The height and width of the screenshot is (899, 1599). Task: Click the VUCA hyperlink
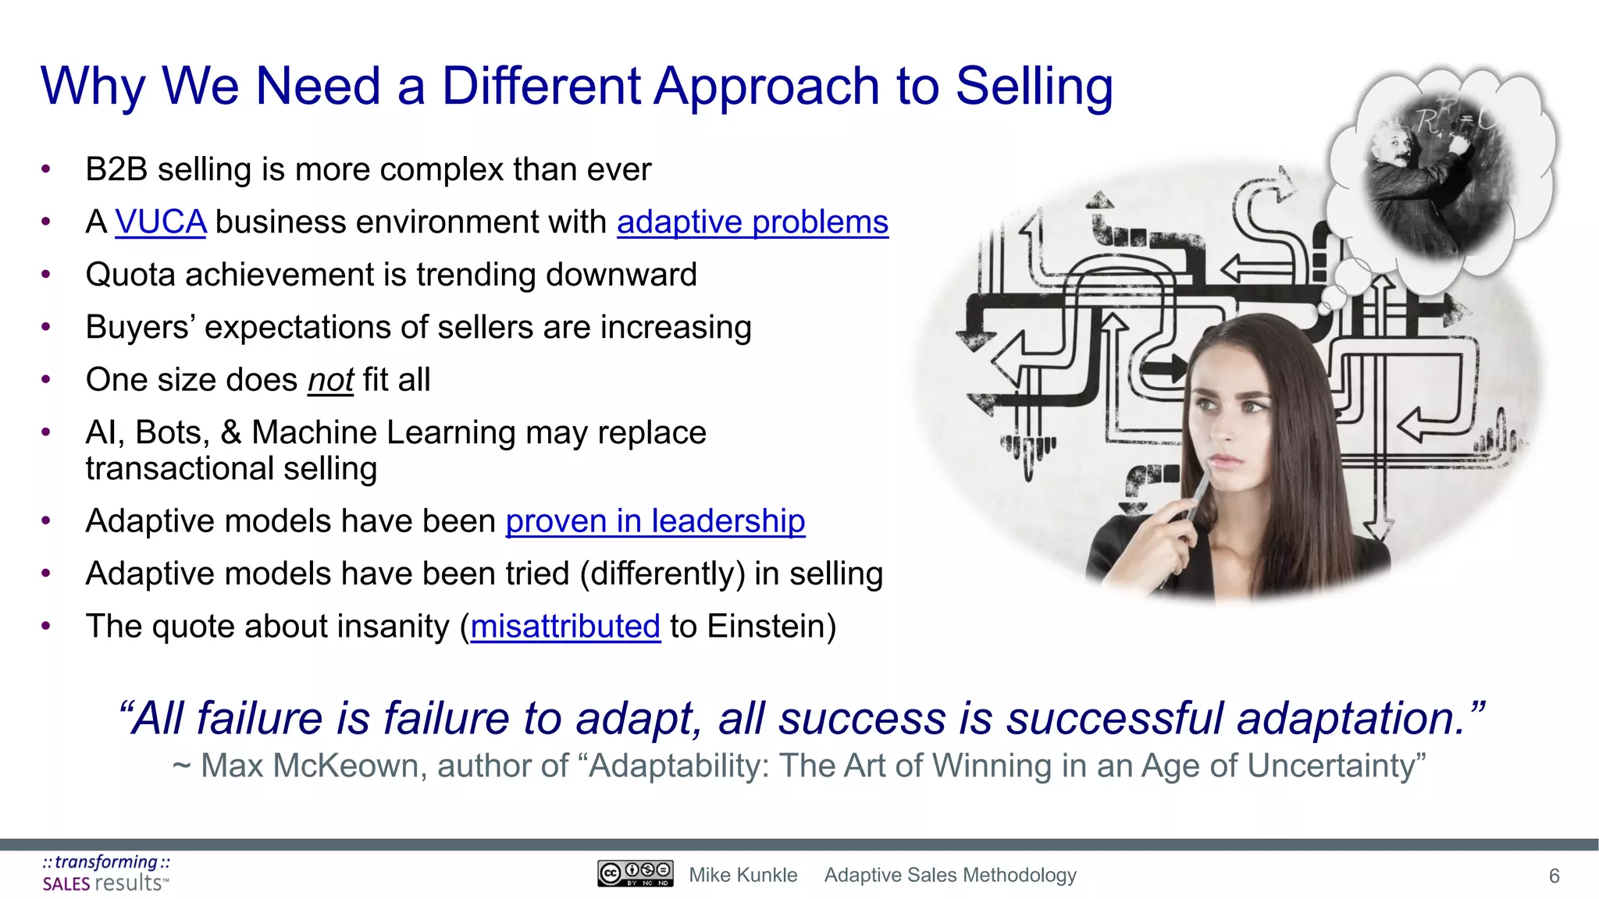click(160, 222)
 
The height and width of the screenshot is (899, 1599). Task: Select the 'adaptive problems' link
click(752, 222)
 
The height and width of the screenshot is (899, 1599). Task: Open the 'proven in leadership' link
click(655, 521)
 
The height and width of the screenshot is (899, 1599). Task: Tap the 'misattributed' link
click(565, 627)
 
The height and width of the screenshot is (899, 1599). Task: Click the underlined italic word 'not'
click(330, 381)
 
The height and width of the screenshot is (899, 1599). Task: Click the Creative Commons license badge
click(635, 873)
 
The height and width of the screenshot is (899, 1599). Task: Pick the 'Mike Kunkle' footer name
click(743, 876)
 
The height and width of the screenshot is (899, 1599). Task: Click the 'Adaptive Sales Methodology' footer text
click(950, 876)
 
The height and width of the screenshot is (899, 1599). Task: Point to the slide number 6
click(1554, 876)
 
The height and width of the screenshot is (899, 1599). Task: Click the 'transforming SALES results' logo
click(105, 873)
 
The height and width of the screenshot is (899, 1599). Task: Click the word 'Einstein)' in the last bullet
click(771, 627)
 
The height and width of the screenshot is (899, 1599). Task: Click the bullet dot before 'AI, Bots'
click(46, 432)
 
